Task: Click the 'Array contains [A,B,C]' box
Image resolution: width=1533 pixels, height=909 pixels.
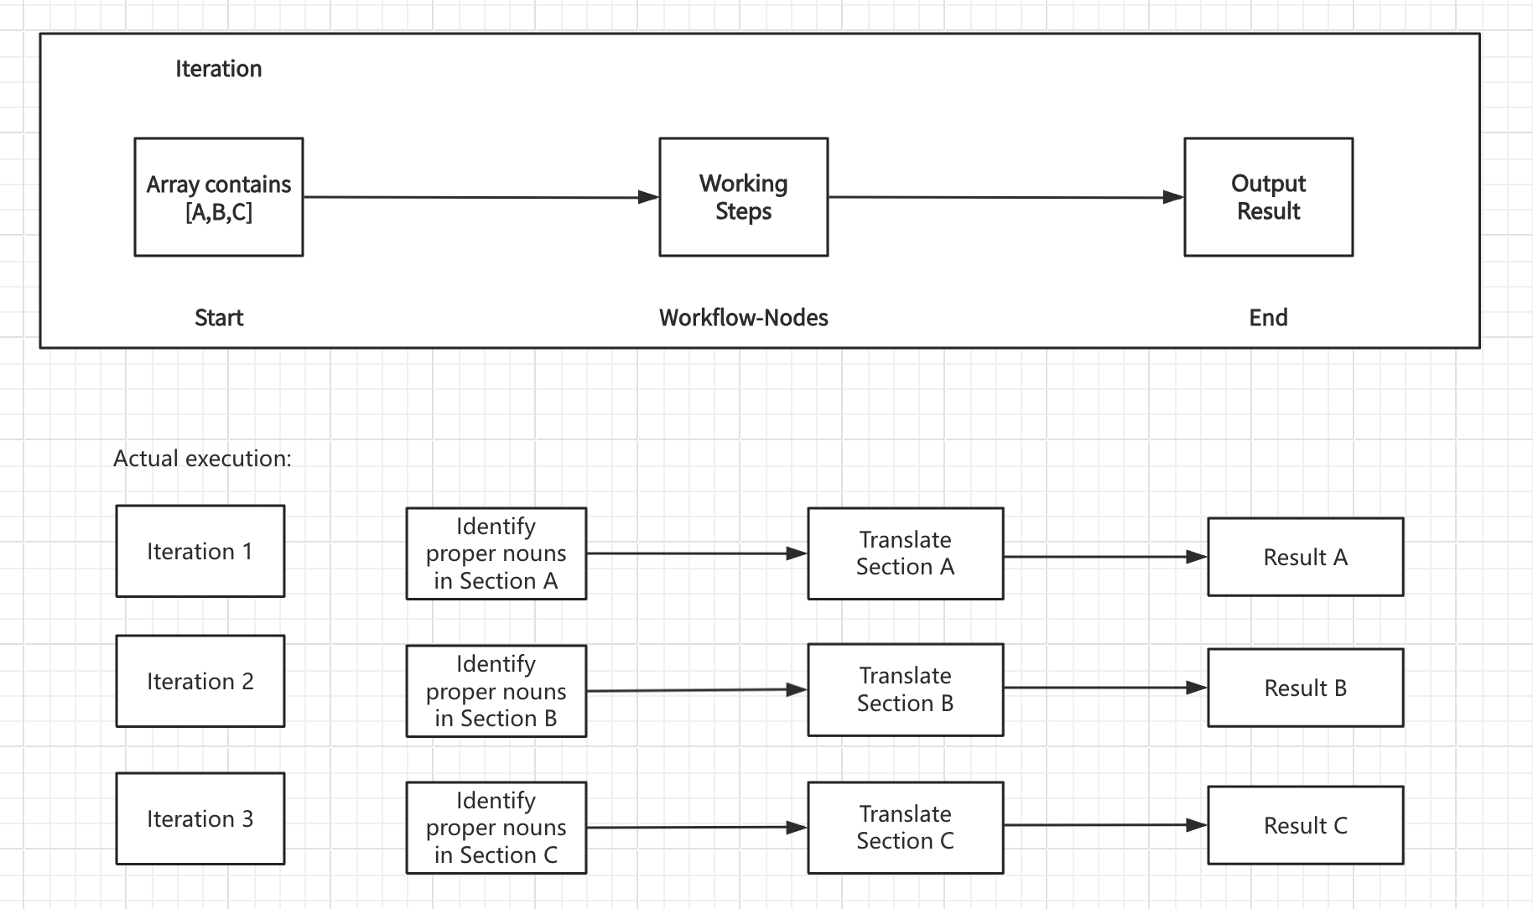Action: coord(219,197)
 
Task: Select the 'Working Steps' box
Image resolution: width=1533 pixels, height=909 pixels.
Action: coord(744,197)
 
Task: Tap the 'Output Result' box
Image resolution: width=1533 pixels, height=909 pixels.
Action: coord(1269,197)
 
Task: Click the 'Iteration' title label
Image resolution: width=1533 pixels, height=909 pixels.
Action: coord(219,69)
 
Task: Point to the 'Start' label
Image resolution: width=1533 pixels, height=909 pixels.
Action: coord(219,318)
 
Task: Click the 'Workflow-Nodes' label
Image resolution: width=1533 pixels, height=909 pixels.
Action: coord(744,318)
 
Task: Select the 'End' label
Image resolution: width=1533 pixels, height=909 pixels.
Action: coord(1269,318)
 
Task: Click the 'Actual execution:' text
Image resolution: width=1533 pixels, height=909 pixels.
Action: coord(202,459)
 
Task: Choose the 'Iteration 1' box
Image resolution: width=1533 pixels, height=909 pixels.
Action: coord(200,551)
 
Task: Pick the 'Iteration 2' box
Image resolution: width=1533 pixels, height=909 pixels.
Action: coord(200,681)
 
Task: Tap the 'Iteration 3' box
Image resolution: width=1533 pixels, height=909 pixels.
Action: coord(200,818)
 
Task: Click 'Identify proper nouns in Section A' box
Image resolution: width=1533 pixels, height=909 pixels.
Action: coord(496,553)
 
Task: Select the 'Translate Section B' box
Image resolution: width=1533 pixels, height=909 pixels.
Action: coord(906,690)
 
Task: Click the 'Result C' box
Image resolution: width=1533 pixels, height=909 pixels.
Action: coord(1306,825)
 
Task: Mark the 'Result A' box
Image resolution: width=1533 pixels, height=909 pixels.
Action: coord(1306,557)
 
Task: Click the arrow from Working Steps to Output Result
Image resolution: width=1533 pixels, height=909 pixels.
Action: coord(1006,198)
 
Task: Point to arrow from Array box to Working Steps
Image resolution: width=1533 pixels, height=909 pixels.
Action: coord(481,198)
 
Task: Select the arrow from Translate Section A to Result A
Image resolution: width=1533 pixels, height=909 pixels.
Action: coord(1105,557)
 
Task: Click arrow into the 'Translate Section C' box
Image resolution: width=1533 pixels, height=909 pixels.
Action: coord(697,828)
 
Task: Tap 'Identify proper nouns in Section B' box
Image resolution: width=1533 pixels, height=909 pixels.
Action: coord(496,691)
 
